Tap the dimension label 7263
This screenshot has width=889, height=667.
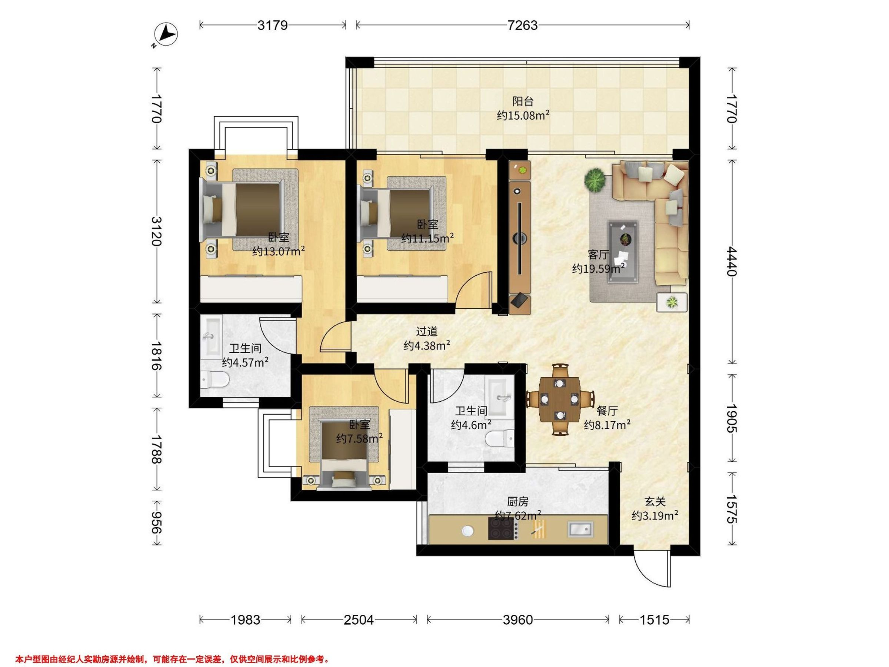click(x=522, y=25)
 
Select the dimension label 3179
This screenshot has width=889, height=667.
click(x=273, y=25)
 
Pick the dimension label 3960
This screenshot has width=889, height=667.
click(x=517, y=620)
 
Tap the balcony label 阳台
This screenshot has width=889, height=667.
click(x=523, y=101)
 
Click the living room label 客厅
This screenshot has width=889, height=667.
click(x=598, y=255)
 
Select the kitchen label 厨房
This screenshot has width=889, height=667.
click(x=517, y=501)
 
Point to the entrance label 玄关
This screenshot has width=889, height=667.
click(x=656, y=501)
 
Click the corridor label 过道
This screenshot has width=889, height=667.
click(x=426, y=331)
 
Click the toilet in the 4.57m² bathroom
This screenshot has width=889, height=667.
click(x=214, y=379)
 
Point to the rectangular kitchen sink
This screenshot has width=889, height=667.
click(x=580, y=529)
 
